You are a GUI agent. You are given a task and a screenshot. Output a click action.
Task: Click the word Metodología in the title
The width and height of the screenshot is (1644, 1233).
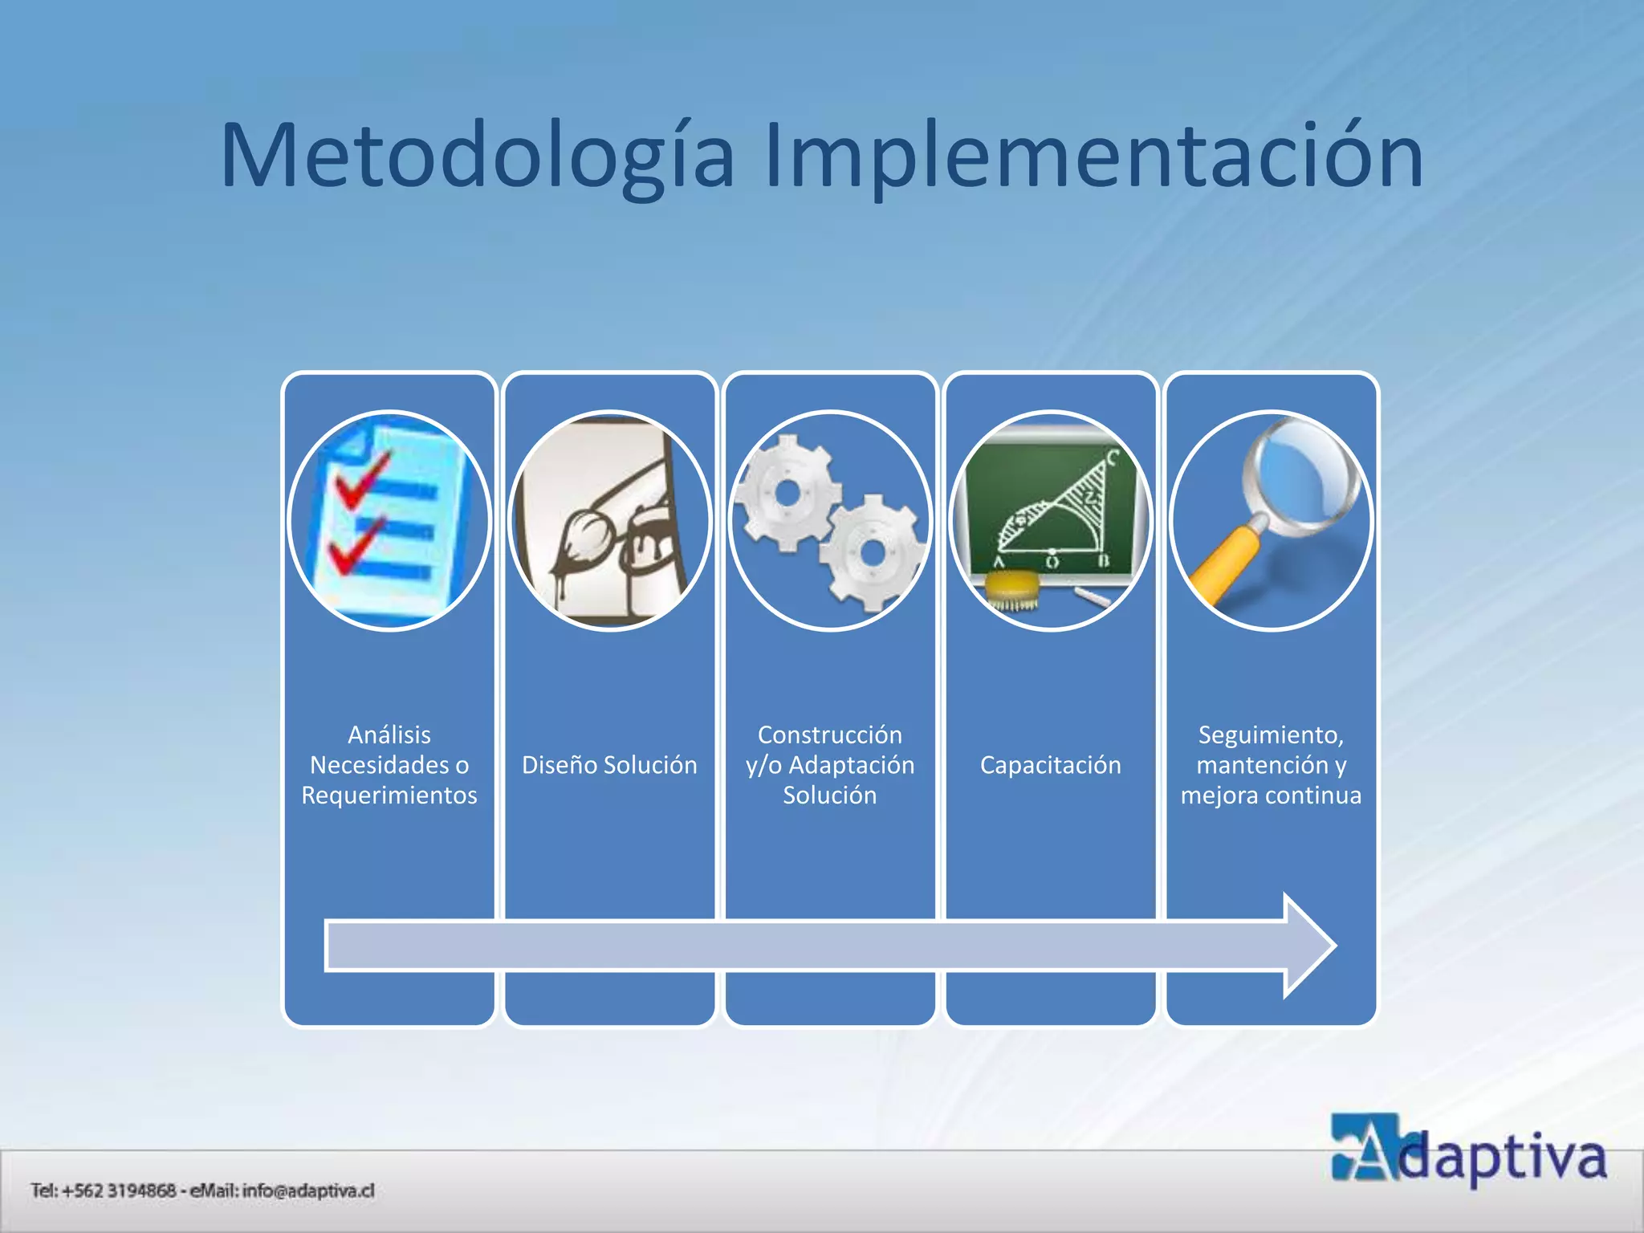tap(478, 157)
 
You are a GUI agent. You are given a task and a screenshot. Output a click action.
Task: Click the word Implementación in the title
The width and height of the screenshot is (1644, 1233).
tap(1093, 157)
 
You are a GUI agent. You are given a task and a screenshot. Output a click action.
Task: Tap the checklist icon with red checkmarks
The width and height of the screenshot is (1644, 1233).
tap(389, 520)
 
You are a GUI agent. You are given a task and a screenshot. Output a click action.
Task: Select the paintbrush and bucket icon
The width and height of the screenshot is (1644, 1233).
tap(609, 520)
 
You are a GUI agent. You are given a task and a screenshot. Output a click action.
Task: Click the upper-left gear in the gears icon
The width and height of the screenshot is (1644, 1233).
tap(786, 491)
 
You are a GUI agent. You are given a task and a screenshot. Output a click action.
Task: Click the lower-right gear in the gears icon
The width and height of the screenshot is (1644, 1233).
tap(870, 553)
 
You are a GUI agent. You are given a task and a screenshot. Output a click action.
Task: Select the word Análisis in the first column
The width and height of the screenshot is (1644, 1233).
tap(389, 735)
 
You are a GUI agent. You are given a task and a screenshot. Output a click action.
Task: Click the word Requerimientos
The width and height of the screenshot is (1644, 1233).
tap(389, 796)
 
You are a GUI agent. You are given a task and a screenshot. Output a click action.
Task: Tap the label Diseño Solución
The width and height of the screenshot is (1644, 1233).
tap(609, 765)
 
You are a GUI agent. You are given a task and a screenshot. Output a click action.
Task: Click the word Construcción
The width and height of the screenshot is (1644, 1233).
tap(829, 735)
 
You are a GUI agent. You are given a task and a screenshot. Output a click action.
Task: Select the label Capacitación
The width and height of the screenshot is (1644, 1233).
tap(1050, 765)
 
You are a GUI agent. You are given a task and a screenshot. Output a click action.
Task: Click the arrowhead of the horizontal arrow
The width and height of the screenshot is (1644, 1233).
tap(1308, 946)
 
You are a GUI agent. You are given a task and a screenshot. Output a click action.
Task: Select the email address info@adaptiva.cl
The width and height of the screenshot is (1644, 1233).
tap(308, 1190)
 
